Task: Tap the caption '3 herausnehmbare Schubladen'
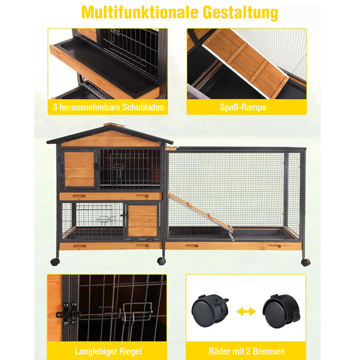pyautogui.click(x=107, y=108)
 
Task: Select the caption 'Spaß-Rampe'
pyautogui.click(x=246, y=108)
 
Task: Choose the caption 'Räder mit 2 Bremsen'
pyautogui.click(x=246, y=350)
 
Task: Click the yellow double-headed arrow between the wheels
pyautogui.click(x=246, y=311)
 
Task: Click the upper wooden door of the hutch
pyautogui.click(x=80, y=169)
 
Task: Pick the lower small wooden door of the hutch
pyautogui.click(x=143, y=220)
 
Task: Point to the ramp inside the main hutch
pyautogui.click(x=200, y=211)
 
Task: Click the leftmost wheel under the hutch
pyautogui.click(x=55, y=261)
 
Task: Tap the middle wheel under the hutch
pyautogui.click(x=162, y=261)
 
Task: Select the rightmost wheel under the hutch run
pyautogui.click(x=306, y=262)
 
